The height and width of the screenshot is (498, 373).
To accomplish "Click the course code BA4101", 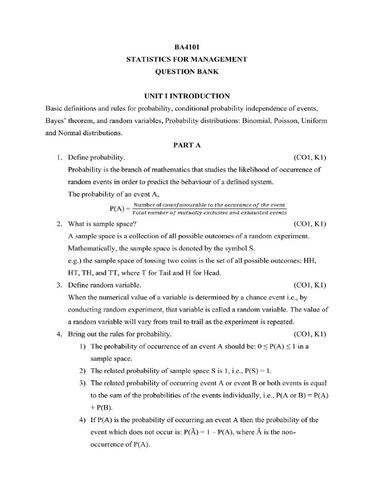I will (x=186, y=47).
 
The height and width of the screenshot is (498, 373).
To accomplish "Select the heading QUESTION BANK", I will (x=186, y=71).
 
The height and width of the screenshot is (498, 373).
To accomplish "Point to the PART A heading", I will (x=186, y=145).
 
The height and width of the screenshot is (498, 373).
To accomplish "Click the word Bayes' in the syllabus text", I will (x=56, y=120).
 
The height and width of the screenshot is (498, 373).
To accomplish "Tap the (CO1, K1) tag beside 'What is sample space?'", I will (x=310, y=224).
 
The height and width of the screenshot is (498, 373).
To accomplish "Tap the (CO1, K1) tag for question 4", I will (x=310, y=334).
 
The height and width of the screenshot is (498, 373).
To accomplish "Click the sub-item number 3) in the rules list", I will (x=83, y=383).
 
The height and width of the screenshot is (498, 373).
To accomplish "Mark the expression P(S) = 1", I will (x=253, y=371).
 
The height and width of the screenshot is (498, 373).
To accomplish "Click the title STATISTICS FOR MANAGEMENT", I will (x=186, y=59).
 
